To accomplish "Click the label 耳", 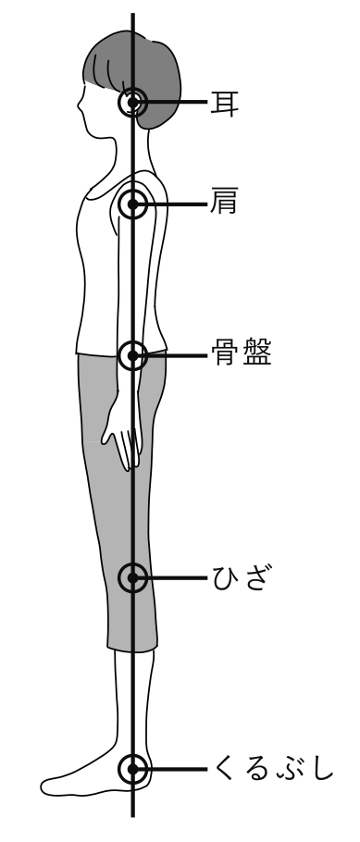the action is (225, 101).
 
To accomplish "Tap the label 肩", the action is (225, 204).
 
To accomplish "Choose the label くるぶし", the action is (273, 769).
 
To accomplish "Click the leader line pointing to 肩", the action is (178, 204).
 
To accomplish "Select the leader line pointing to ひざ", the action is (178, 579).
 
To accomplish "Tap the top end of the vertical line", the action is (134, 15).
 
